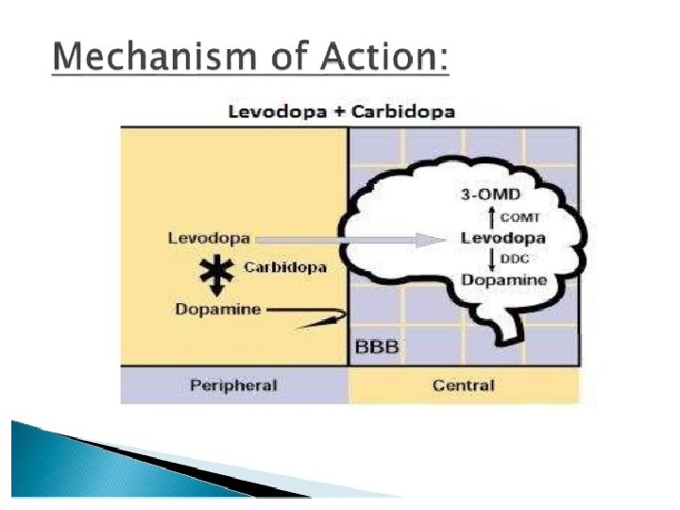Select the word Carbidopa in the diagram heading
point(404,111)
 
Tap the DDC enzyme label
point(501,258)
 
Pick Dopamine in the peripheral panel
point(216,309)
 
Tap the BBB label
point(376,347)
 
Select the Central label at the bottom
point(463,385)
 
